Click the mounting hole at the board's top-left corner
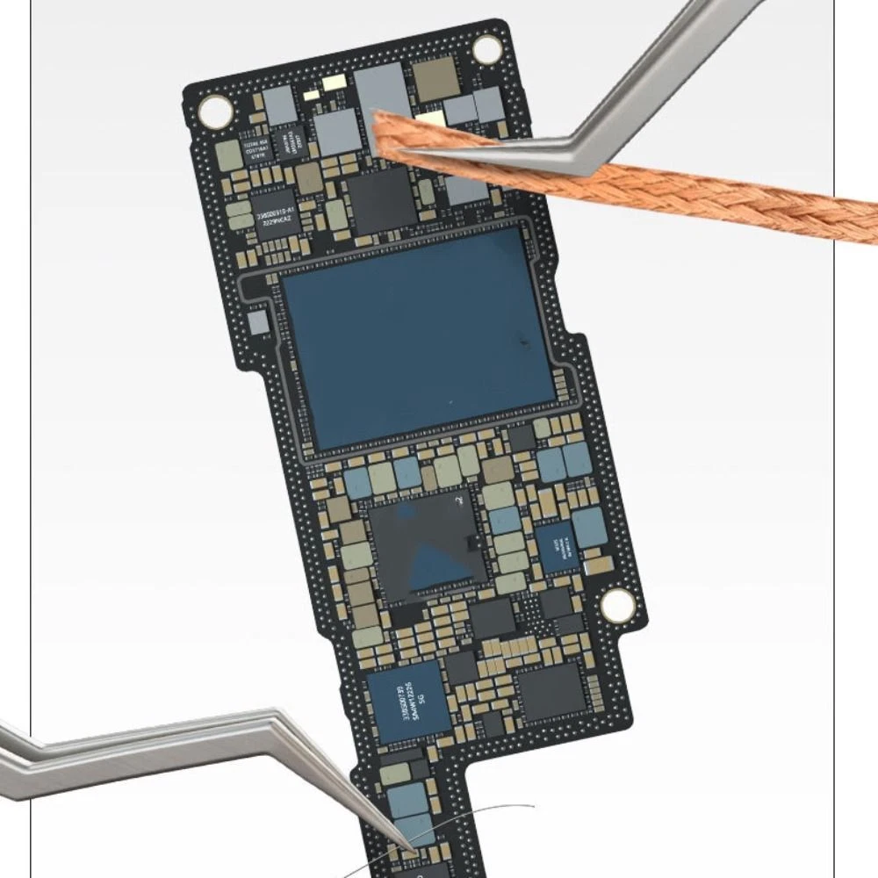tap(215, 110)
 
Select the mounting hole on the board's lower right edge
tap(616, 603)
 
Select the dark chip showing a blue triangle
tap(428, 546)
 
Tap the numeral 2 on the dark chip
tap(458, 501)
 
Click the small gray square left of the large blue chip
tap(258, 323)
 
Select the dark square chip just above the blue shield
tap(379, 199)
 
